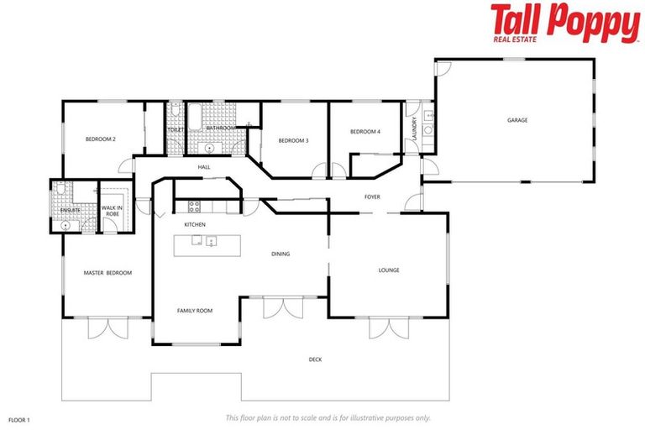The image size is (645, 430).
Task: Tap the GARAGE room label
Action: click(x=517, y=120)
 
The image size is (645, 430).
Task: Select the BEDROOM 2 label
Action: click(x=101, y=139)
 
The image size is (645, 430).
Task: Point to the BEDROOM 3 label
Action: click(x=294, y=140)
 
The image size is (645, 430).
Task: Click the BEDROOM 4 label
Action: click(x=365, y=132)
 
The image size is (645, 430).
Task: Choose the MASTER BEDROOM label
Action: click(x=107, y=273)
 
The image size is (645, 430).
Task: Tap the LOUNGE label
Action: click(x=389, y=270)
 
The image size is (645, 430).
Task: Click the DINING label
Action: click(x=281, y=254)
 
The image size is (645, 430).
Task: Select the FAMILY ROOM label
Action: click(x=194, y=311)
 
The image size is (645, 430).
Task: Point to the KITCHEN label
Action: click(x=195, y=225)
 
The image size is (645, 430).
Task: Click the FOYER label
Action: click(x=372, y=197)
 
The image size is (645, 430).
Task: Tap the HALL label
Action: click(x=203, y=167)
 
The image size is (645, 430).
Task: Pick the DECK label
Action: click(x=315, y=359)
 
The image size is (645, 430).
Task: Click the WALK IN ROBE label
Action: click(x=113, y=211)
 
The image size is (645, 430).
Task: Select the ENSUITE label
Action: click(x=71, y=210)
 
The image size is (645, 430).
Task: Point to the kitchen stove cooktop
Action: click(x=193, y=205)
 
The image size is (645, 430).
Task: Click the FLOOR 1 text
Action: click(x=18, y=417)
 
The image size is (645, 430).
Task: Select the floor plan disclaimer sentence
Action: click(x=328, y=417)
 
